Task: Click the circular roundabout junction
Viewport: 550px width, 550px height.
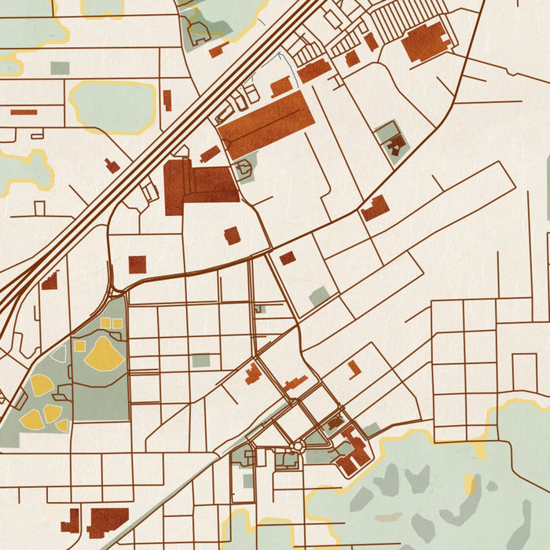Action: (297, 447)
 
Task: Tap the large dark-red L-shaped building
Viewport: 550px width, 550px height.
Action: (196, 185)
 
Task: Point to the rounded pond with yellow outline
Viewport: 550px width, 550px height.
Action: (112, 106)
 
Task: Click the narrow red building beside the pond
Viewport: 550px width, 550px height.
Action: (167, 100)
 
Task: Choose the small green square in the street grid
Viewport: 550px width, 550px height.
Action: (201, 361)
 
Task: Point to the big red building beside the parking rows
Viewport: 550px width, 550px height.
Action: (427, 41)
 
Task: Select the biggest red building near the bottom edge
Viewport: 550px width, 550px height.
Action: (108, 520)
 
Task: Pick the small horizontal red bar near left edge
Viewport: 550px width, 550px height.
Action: (24, 112)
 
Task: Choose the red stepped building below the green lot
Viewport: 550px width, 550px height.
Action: (376, 208)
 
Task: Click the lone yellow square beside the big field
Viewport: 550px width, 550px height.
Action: (80, 346)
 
